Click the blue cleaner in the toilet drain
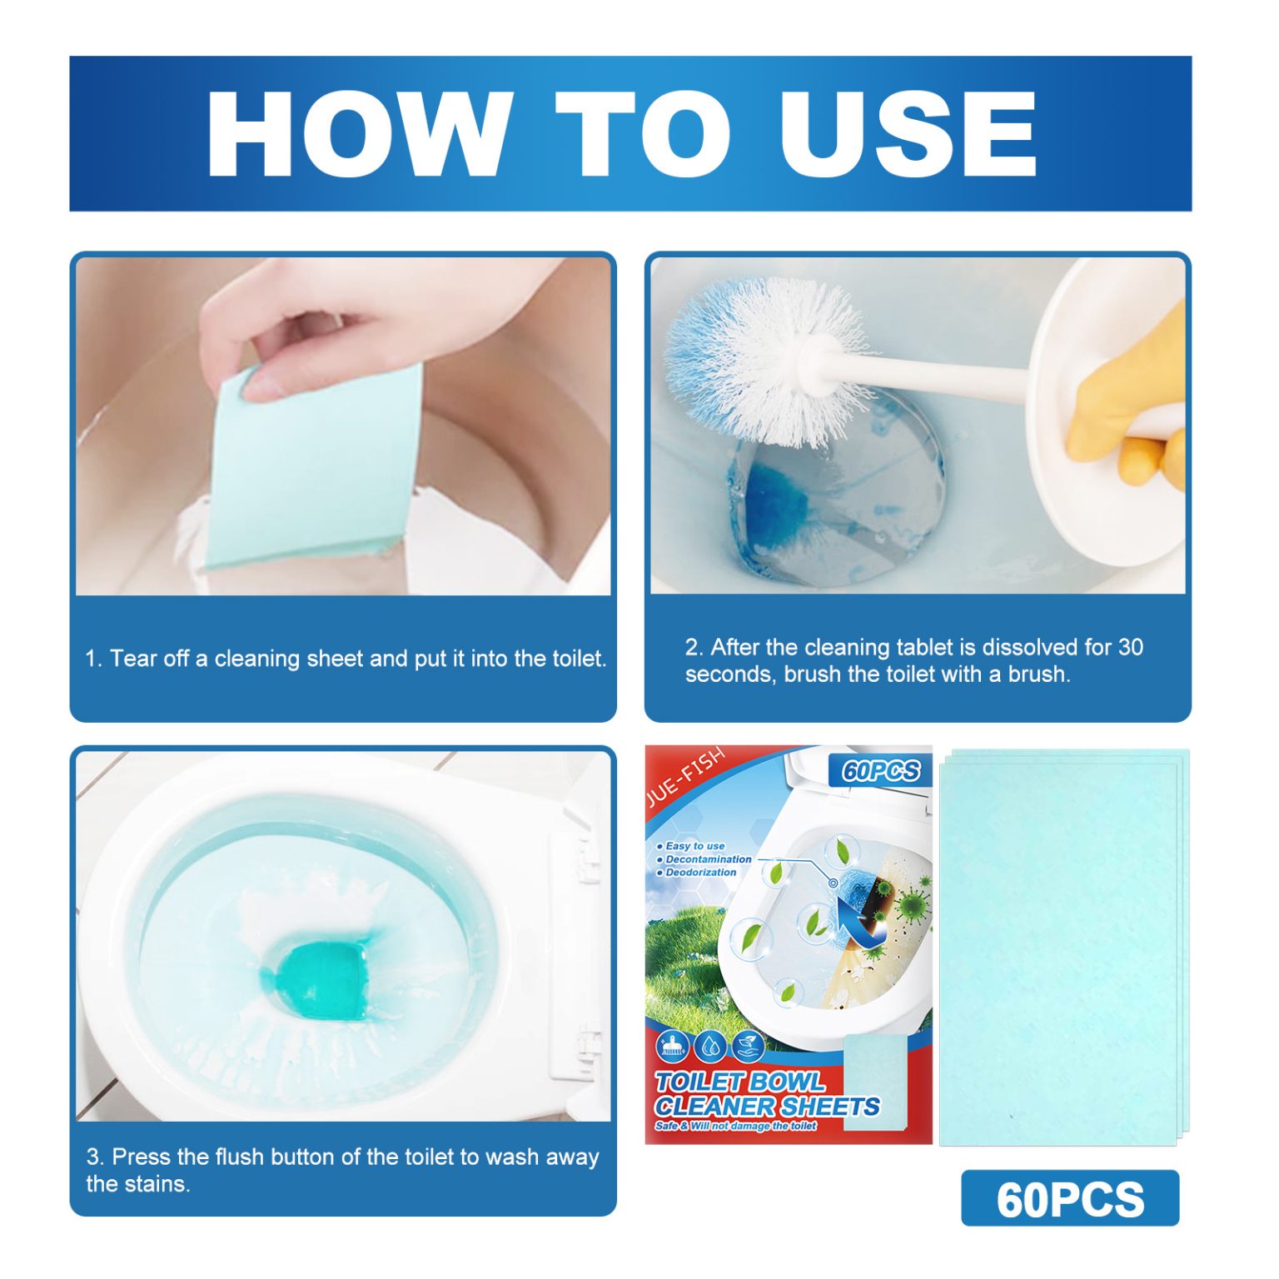click(779, 500)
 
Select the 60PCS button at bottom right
click(1070, 1199)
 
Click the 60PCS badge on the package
click(880, 771)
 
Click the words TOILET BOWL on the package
click(739, 1082)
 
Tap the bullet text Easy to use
click(694, 846)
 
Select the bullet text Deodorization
click(700, 873)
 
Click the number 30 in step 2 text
click(1130, 647)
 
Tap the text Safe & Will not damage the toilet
click(735, 1127)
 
